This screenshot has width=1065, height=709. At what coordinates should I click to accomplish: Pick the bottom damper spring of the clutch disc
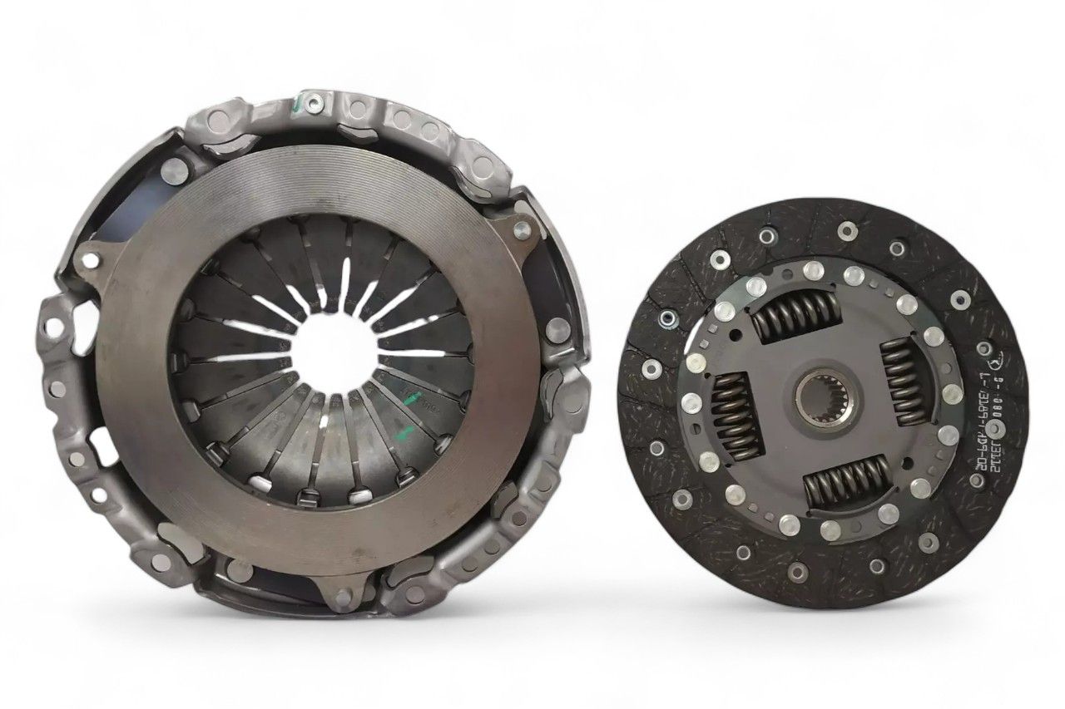845,481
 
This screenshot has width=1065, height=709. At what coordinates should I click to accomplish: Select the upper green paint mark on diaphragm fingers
411,400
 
